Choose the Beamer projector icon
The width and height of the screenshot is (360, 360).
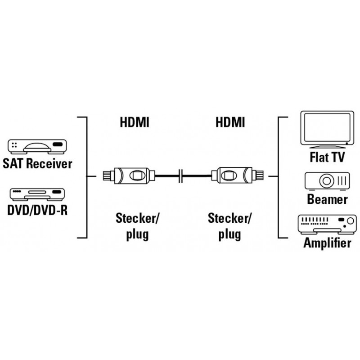click(327, 181)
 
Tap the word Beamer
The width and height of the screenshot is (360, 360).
click(327, 198)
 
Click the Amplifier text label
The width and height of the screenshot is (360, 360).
click(327, 243)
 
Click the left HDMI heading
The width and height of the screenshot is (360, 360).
click(134, 122)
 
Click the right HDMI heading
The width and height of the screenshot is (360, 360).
click(230, 122)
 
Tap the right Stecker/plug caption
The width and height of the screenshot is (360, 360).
click(230, 227)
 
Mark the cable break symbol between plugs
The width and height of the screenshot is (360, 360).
click(180, 175)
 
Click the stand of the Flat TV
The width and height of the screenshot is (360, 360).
click(324, 147)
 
